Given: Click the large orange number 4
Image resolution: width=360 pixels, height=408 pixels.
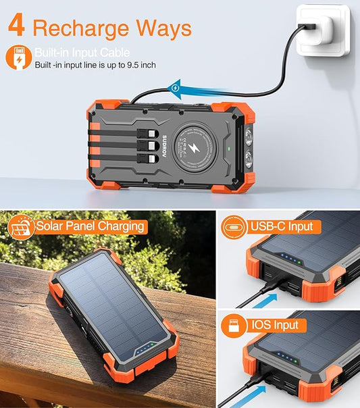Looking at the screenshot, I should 17,27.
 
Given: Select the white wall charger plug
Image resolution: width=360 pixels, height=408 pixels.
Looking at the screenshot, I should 323,31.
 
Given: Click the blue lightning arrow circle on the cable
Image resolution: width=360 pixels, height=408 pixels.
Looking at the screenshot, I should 176,86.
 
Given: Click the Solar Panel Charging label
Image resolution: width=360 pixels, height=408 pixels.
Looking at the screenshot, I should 91,226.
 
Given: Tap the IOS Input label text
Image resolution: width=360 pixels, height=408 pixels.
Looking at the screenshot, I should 276,326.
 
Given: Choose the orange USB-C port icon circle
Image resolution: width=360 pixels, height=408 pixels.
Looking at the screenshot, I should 234,227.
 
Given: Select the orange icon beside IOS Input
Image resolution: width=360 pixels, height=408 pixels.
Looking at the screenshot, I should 234,326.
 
